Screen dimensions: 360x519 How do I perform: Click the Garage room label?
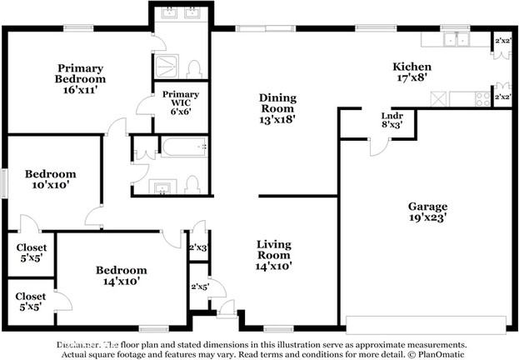click(x=427, y=212)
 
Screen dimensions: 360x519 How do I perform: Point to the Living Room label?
click(x=273, y=256)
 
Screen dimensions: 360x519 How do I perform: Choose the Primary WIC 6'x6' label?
click(x=180, y=102)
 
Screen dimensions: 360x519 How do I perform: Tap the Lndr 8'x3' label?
click(x=392, y=120)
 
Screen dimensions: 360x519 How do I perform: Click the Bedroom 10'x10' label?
click(x=50, y=181)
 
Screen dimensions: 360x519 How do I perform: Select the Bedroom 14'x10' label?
click(x=121, y=276)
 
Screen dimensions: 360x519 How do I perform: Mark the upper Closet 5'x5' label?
click(x=31, y=253)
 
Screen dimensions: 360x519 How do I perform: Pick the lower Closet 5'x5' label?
click(x=31, y=302)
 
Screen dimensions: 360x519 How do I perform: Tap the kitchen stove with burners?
click(x=481, y=98)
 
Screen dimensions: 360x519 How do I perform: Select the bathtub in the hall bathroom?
click(x=184, y=148)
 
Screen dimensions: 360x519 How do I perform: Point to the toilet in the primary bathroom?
click(x=194, y=68)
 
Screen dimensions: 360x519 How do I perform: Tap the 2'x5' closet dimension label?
click(x=198, y=287)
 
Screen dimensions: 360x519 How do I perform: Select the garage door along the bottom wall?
click(x=427, y=324)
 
